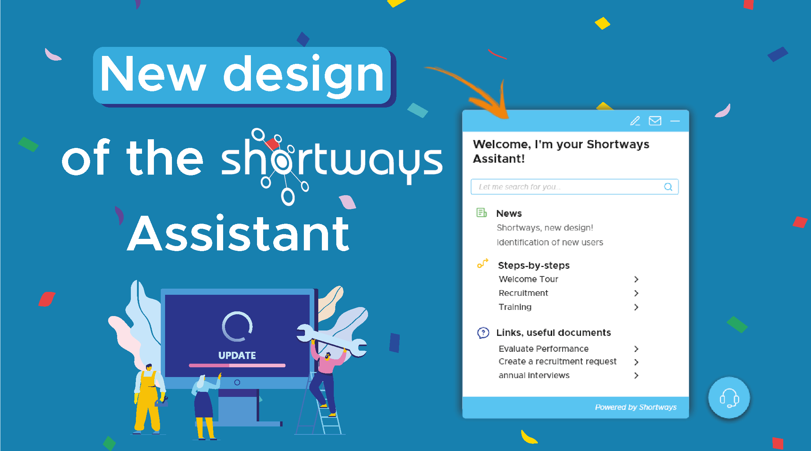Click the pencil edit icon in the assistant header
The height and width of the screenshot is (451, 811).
pos(635,121)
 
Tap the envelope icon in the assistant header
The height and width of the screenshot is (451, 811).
pos(655,121)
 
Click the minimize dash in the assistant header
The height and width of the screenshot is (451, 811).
pos(675,121)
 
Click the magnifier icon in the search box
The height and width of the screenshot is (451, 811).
pos(668,187)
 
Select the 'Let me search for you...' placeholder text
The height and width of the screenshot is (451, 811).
pos(519,187)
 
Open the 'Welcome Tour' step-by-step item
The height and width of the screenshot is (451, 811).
pos(528,279)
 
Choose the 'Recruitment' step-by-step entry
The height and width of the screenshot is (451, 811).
pos(523,293)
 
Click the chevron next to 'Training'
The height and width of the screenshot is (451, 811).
pos(636,307)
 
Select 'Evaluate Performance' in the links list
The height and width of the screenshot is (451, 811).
pos(544,349)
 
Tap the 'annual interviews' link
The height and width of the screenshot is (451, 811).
pos(534,375)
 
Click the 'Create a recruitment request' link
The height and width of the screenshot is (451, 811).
pos(557,362)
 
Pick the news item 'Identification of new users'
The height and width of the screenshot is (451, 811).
pos(550,242)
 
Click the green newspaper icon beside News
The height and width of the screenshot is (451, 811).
pos(482,213)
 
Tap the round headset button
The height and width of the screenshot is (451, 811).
pos(729,398)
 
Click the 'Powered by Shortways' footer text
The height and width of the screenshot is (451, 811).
pos(635,407)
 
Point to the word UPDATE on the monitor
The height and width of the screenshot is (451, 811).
pos(237,356)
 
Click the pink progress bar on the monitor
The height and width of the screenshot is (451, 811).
pos(237,365)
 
